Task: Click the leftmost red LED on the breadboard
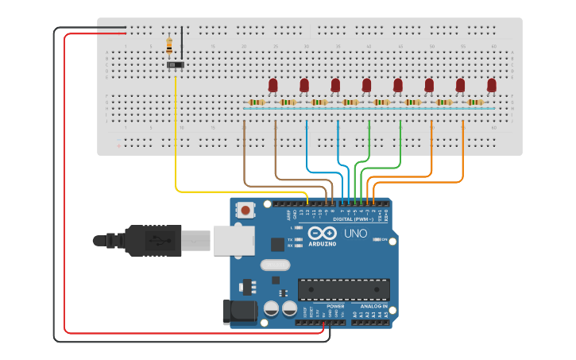273,84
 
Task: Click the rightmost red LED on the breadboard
492,84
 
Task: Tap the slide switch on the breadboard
176,64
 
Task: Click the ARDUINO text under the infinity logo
323,243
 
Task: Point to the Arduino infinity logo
323,233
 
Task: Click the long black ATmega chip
343,290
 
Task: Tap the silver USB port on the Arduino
233,240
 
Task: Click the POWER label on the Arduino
335,306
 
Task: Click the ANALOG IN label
374,306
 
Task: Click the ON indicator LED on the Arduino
375,239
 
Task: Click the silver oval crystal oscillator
275,265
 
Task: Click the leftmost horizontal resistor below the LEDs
256,103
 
